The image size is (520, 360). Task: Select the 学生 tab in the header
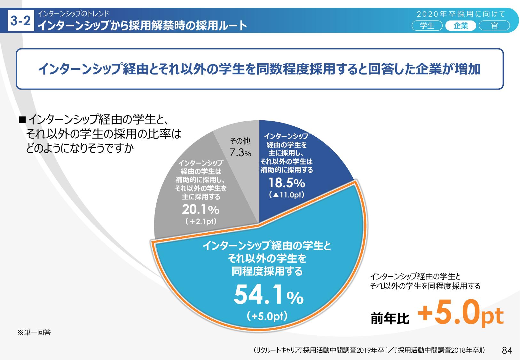pos(427,26)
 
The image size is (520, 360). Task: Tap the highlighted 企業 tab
pos(461,26)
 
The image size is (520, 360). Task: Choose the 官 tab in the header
pos(494,26)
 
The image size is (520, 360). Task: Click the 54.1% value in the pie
pos(268,295)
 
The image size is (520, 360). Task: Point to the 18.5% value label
pos(287,183)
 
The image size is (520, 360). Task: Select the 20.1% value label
pos(201,210)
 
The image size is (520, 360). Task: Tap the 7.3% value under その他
pos(240,153)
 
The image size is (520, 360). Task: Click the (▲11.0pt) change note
pos(287,195)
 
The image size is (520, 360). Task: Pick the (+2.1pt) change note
pos(201,221)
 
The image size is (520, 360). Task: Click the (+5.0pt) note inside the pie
pos(267,316)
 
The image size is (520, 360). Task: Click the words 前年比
pos(390,318)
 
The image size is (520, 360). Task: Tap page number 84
pos(507,350)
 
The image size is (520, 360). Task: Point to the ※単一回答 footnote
pos(34,333)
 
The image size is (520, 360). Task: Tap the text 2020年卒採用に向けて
pos(461,14)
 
